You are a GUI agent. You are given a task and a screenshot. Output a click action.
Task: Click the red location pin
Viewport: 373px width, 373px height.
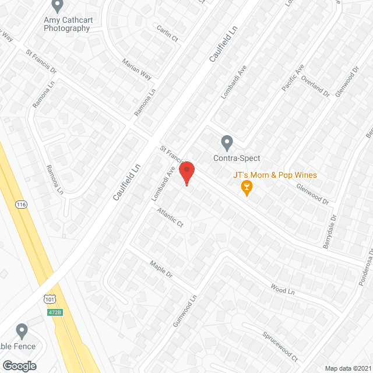point(186,173)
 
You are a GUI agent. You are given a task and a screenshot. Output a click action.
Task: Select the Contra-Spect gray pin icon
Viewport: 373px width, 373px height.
point(227,142)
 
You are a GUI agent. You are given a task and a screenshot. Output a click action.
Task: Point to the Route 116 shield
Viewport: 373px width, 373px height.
point(20,205)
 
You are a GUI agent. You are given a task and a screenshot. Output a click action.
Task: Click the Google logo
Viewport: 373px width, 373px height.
point(19,365)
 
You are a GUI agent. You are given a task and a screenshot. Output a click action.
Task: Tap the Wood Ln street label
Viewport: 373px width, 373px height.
point(283,290)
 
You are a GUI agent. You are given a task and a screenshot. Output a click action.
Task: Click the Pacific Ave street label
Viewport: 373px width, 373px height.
point(292,79)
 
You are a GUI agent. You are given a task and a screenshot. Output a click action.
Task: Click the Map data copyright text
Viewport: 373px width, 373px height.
point(348,368)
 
